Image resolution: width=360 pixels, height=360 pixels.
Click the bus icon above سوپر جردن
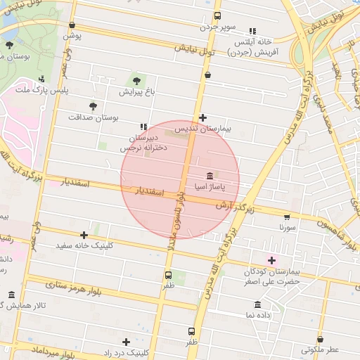point(217,15)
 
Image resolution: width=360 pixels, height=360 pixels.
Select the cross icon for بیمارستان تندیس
point(202,117)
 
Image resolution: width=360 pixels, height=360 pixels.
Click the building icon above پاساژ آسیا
point(210,175)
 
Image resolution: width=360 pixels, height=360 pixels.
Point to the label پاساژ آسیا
point(211,186)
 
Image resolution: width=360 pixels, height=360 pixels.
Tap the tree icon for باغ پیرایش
point(136,80)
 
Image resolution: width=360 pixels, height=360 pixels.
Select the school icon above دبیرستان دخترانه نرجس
point(143,127)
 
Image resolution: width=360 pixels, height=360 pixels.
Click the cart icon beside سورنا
point(287,217)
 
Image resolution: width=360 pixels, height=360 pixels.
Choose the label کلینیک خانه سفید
point(84,247)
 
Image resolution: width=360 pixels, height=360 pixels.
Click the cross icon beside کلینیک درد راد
point(126,342)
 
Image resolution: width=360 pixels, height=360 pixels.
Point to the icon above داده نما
point(257,305)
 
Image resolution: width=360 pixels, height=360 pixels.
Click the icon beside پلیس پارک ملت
point(42,79)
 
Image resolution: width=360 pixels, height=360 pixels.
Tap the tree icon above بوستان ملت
point(9,45)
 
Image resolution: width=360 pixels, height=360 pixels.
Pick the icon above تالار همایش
point(11,295)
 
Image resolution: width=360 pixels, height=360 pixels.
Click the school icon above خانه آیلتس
point(252,30)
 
